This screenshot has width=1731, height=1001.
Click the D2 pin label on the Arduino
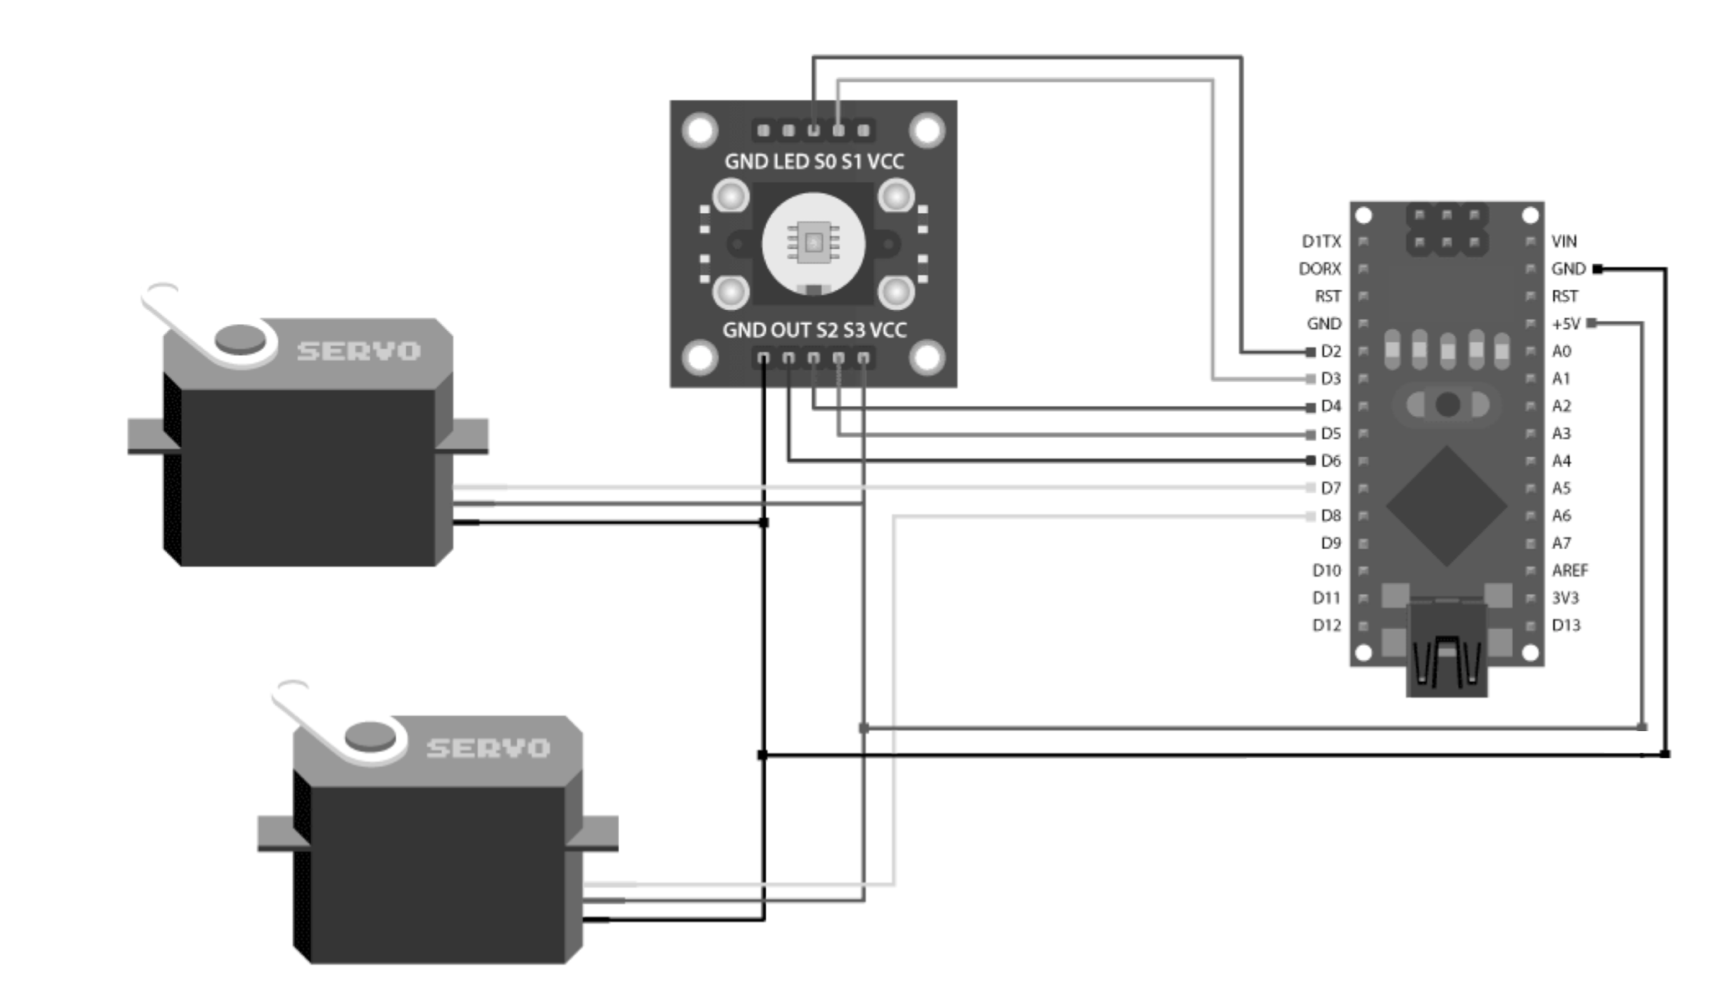tap(1330, 351)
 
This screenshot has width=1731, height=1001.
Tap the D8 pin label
tap(1330, 516)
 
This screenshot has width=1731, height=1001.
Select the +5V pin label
tap(1566, 323)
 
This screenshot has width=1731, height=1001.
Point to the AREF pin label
tap(1569, 570)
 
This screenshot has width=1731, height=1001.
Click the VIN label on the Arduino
tap(1563, 241)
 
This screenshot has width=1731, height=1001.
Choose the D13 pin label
tap(1566, 625)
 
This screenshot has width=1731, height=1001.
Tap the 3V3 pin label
tap(1565, 597)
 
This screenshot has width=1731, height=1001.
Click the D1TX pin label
tap(1320, 241)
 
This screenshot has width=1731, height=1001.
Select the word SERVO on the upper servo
tap(358, 351)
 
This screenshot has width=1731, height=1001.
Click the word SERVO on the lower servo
tap(488, 748)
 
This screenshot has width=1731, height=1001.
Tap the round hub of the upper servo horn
tap(240, 339)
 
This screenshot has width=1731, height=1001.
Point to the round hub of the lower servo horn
tap(370, 736)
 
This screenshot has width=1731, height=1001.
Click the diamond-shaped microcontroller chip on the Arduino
tap(1446, 506)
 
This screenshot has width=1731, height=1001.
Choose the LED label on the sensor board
tap(790, 161)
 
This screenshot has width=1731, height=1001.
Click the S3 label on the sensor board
tap(854, 330)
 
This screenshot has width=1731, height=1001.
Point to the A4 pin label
tap(1561, 460)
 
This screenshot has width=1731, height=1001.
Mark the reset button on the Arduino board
tap(1447, 405)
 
